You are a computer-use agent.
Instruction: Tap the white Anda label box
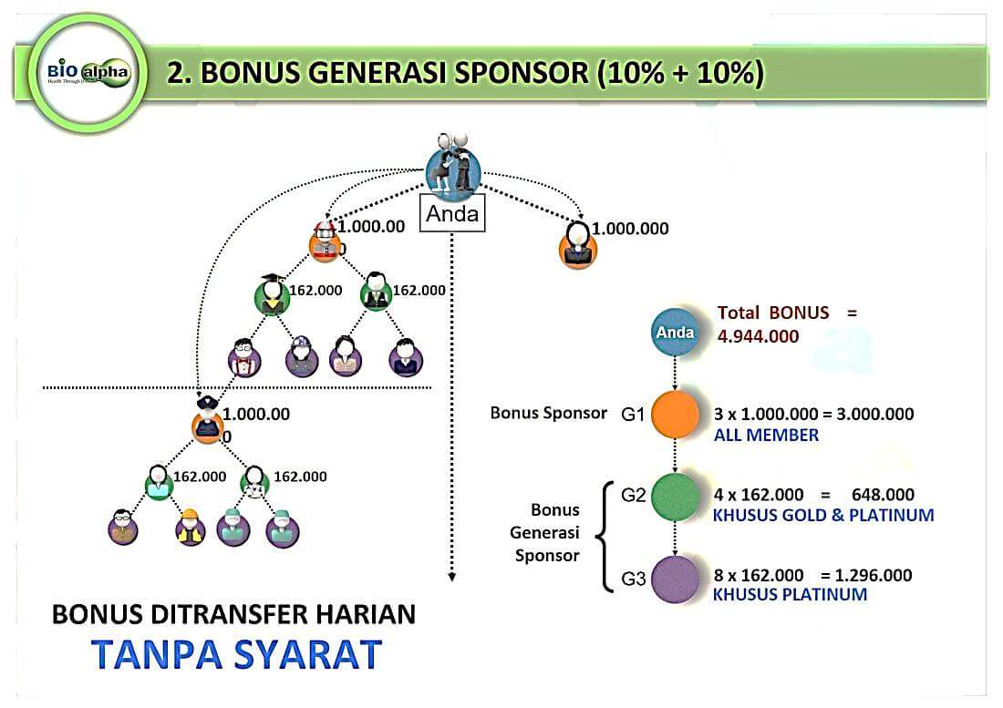tap(452, 213)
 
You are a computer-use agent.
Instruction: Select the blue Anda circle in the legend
tap(675, 333)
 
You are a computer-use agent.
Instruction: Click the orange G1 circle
tap(675, 416)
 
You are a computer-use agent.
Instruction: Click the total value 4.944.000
tap(759, 336)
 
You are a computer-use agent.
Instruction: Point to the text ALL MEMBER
tap(766, 436)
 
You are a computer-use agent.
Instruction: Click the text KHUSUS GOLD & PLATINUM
tap(823, 516)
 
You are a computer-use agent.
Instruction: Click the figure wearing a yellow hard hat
tap(190, 528)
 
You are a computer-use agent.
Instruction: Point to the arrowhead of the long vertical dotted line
tap(452, 576)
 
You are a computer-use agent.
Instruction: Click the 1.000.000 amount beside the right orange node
tap(630, 229)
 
